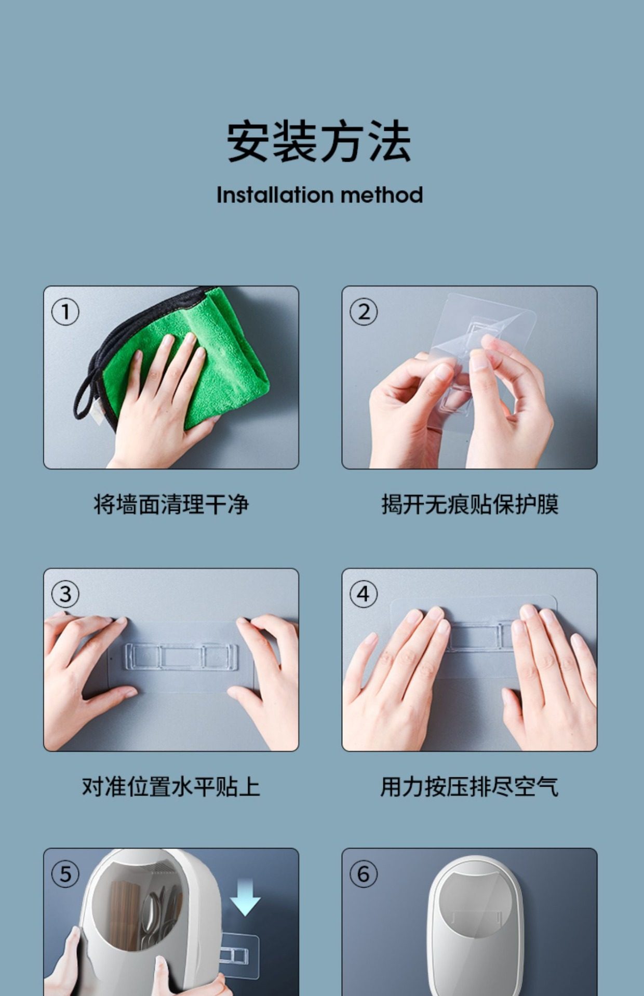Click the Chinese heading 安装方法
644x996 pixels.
(319, 141)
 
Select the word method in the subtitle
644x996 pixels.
(382, 195)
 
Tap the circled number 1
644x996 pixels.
(65, 312)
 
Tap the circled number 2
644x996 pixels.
(364, 312)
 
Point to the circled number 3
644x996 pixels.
(65, 594)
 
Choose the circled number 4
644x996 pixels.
(364, 594)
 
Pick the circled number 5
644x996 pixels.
(65, 874)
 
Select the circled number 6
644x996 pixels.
(364, 874)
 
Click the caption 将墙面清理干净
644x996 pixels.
(171, 504)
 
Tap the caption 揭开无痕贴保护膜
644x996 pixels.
(470, 504)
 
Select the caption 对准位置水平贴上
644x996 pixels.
(171, 786)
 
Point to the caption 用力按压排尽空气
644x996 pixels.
(470, 786)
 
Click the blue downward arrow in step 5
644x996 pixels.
(245, 897)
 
